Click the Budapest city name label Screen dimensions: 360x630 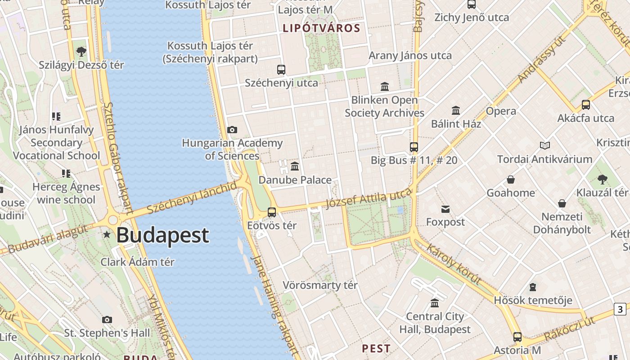tap(163, 235)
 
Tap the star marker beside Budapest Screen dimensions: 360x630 tap(107, 234)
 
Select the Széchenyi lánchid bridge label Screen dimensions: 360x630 tap(192, 198)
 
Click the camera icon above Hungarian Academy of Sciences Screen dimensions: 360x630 tap(232, 130)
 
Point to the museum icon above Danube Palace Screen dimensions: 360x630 tap(295, 166)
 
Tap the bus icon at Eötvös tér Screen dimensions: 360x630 tap(272, 212)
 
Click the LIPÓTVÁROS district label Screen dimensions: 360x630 tap(321, 28)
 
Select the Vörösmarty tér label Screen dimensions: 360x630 tap(320, 285)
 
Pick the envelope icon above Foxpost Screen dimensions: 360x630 tap(445, 209)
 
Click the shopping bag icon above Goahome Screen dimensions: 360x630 tap(511, 180)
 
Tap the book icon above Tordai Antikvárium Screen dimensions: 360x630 tap(545, 145)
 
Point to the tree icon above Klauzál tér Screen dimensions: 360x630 tap(603, 180)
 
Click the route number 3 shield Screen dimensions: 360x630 tap(620, 309)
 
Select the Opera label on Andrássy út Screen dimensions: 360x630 tap(501, 111)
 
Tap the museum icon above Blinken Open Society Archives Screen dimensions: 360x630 tap(385, 86)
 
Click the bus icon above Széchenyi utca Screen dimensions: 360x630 tap(281, 70)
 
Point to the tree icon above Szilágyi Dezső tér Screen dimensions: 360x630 tap(81, 52)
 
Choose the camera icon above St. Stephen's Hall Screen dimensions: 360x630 tap(107, 319)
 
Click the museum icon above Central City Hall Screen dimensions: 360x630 tap(435, 303)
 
